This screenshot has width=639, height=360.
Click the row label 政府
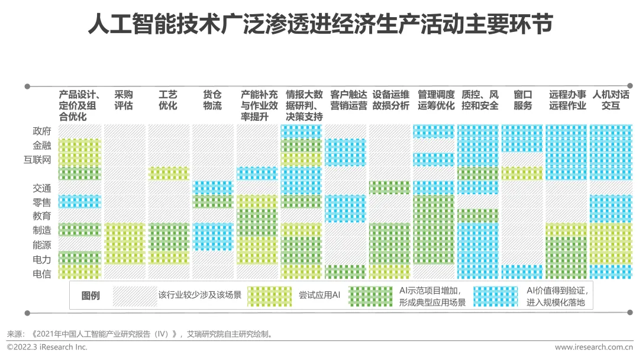click(x=42, y=131)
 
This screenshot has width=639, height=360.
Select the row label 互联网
click(x=37, y=159)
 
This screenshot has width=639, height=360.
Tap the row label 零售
click(x=42, y=202)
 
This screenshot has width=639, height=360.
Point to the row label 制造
click(x=42, y=230)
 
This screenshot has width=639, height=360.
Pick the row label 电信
click(x=42, y=274)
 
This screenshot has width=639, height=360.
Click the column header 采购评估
click(x=124, y=100)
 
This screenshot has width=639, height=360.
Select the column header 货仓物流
click(x=212, y=100)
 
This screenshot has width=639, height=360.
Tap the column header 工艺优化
click(x=168, y=100)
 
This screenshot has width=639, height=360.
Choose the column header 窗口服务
click(x=522, y=100)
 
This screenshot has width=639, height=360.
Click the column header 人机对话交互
click(x=611, y=100)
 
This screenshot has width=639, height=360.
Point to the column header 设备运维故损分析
click(x=390, y=100)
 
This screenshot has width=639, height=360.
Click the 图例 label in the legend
click(x=91, y=295)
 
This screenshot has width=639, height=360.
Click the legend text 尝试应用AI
click(x=319, y=295)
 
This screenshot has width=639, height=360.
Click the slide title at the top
click(x=319, y=25)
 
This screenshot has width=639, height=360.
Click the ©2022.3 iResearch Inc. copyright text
click(x=47, y=347)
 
